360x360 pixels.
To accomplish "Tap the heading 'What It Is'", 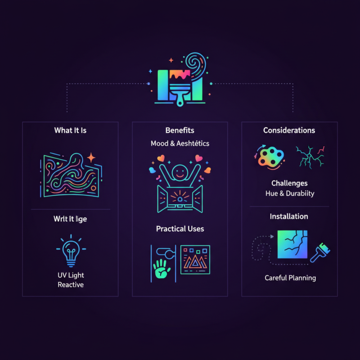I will click(x=70, y=130).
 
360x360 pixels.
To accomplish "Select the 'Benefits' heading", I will click(x=180, y=130).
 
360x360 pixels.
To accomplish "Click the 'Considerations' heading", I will click(x=289, y=130).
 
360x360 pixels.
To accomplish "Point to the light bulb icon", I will click(x=70, y=250).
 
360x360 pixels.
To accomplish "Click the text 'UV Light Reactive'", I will click(x=71, y=280).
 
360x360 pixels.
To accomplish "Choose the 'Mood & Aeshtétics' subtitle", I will click(x=180, y=144).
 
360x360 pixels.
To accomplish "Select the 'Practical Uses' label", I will click(x=180, y=229).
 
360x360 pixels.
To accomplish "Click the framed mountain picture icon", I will click(x=195, y=260).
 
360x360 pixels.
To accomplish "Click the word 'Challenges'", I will click(x=289, y=183).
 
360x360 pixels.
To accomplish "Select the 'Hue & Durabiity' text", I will click(x=289, y=194).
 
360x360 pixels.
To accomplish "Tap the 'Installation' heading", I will click(x=289, y=216).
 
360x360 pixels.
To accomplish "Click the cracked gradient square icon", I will click(x=292, y=245).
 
